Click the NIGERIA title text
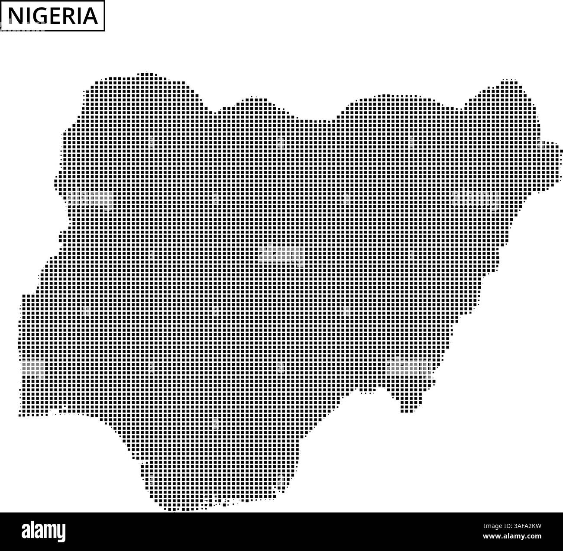tap(52, 16)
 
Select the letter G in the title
tap(36, 16)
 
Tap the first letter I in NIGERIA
tap(24, 16)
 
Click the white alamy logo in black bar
tap(44, 531)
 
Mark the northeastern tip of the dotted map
tap(509, 81)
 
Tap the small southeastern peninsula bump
tap(405, 409)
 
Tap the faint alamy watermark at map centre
tap(281, 255)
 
